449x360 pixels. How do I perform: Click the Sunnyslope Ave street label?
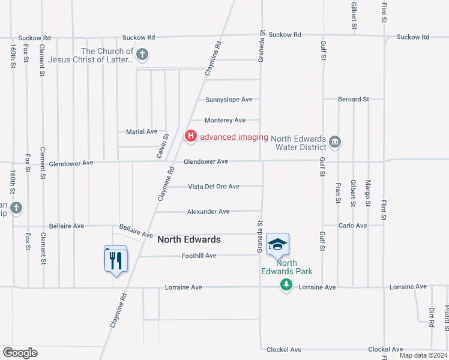(x=229, y=100)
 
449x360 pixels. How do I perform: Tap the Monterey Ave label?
(x=225, y=121)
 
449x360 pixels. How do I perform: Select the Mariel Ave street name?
(x=141, y=131)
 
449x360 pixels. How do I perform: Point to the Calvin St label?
(x=161, y=146)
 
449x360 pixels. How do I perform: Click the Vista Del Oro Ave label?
(x=214, y=187)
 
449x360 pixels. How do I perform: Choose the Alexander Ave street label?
(x=208, y=212)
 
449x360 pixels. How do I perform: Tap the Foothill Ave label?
(x=199, y=256)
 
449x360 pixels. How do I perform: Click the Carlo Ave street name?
(x=352, y=226)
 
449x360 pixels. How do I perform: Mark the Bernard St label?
(x=353, y=99)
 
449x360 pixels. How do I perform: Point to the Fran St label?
(x=339, y=193)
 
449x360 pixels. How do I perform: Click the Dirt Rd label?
(x=432, y=317)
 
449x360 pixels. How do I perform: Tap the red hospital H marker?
(x=191, y=137)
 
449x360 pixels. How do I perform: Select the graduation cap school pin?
(x=277, y=244)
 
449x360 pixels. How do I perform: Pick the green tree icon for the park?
(x=287, y=285)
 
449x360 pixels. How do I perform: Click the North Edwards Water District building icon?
(x=335, y=142)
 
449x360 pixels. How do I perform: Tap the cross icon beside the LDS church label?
(x=142, y=56)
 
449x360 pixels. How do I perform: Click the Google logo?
(x=20, y=353)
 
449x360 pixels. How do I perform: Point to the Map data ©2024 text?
(x=423, y=355)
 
